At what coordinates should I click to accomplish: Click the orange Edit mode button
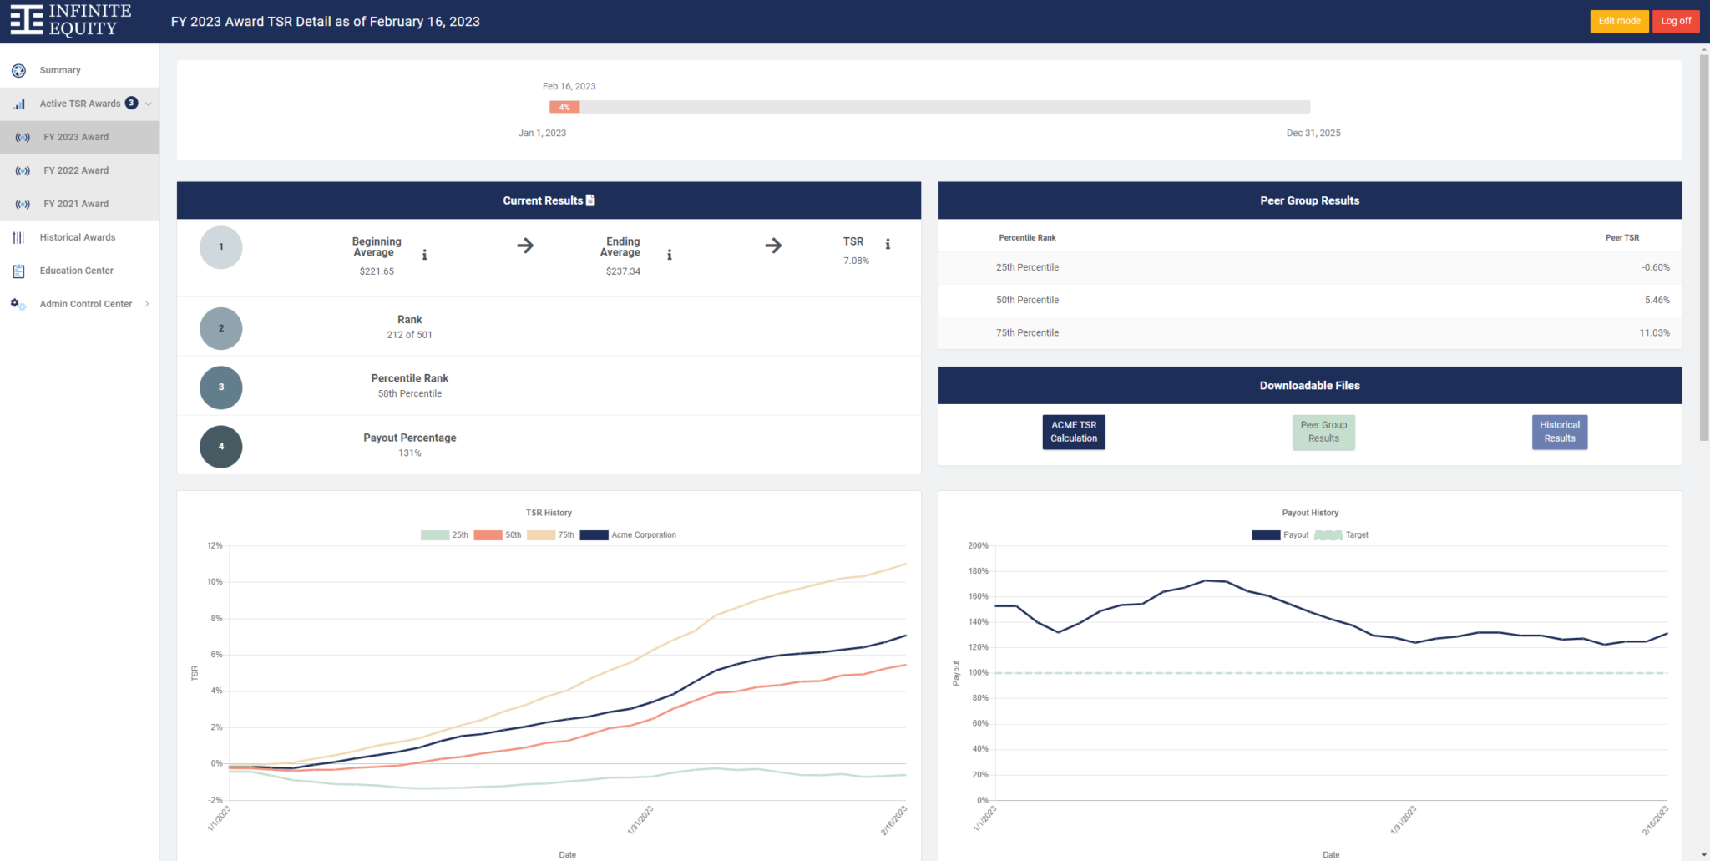point(1618,21)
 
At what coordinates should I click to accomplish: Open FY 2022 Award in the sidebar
point(76,170)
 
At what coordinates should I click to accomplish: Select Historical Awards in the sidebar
point(77,237)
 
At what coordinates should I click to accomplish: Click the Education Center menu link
point(76,271)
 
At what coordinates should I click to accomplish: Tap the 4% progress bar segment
point(564,107)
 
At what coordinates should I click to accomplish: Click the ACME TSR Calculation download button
point(1073,432)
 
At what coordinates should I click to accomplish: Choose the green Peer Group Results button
point(1323,432)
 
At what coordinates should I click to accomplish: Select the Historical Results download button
point(1559,432)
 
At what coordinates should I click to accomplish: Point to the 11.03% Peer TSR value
point(1653,332)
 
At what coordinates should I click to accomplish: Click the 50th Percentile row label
point(1026,300)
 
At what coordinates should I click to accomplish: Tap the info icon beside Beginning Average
point(424,255)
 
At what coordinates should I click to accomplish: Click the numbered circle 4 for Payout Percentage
point(221,447)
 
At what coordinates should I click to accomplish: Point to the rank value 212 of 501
point(409,335)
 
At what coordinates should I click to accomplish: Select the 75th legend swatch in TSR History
point(541,535)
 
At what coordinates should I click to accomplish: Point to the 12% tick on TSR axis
point(215,545)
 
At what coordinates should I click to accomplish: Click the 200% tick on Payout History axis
point(978,545)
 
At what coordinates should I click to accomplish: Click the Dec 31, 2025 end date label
point(1313,134)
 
